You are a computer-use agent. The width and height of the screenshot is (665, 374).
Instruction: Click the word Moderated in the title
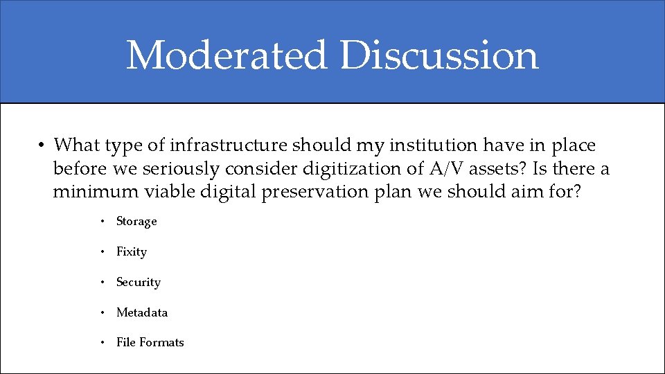[226, 55]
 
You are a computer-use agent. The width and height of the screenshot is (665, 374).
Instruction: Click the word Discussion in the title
[439, 55]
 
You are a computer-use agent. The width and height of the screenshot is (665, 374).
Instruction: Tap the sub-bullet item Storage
[136, 222]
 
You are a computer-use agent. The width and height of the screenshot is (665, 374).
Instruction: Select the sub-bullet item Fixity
[132, 252]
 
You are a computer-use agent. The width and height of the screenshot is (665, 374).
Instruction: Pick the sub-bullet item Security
[139, 283]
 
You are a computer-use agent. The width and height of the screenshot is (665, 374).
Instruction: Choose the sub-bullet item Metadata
[142, 313]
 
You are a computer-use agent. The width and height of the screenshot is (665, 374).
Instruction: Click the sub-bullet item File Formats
[150, 343]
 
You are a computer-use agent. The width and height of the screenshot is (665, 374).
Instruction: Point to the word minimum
[87, 191]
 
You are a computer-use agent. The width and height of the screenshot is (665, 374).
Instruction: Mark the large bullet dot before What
[42, 146]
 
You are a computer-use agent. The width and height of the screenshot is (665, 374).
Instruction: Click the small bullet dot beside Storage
[101, 222]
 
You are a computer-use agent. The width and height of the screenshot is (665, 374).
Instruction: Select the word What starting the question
[75, 145]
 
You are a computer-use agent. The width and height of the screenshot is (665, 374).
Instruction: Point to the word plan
[393, 191]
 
